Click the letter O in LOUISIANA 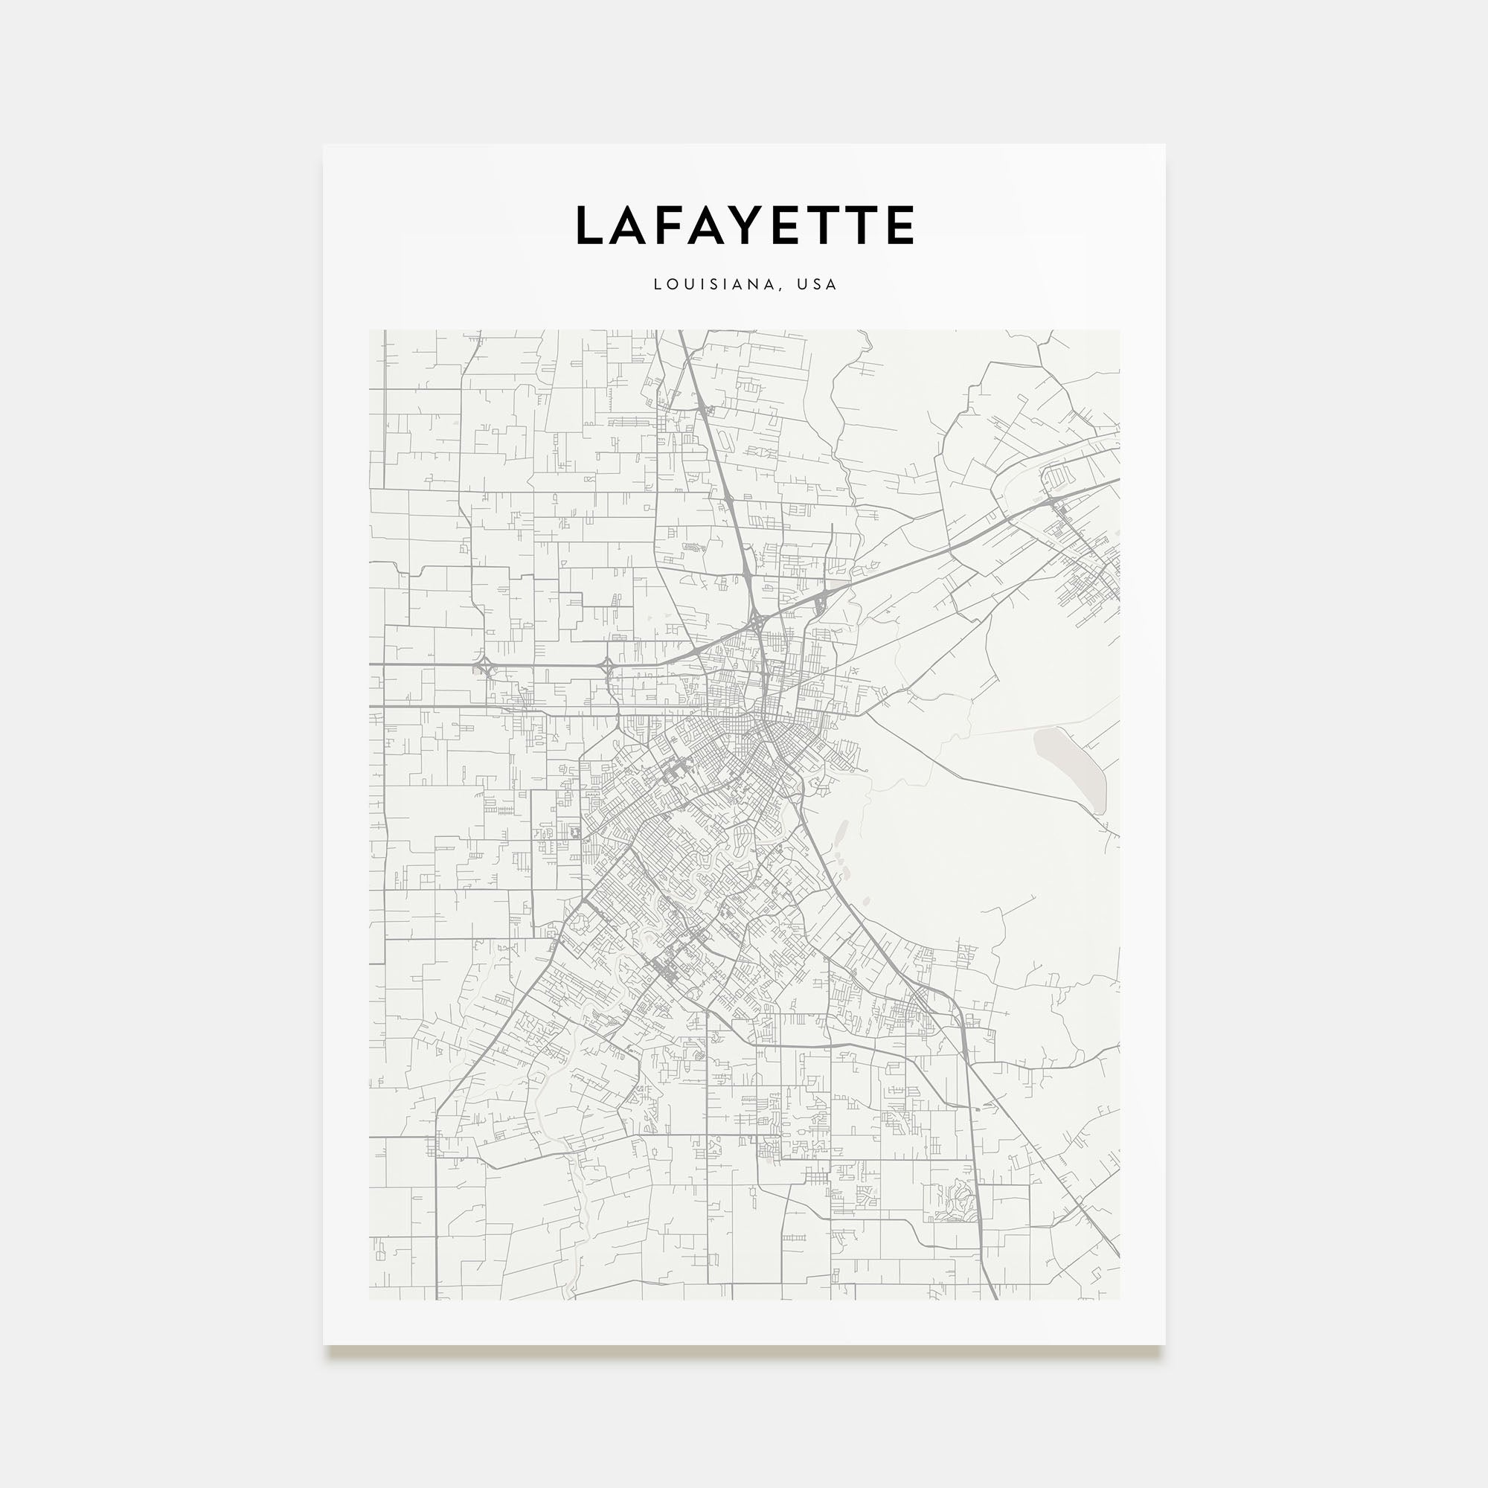point(672,284)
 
